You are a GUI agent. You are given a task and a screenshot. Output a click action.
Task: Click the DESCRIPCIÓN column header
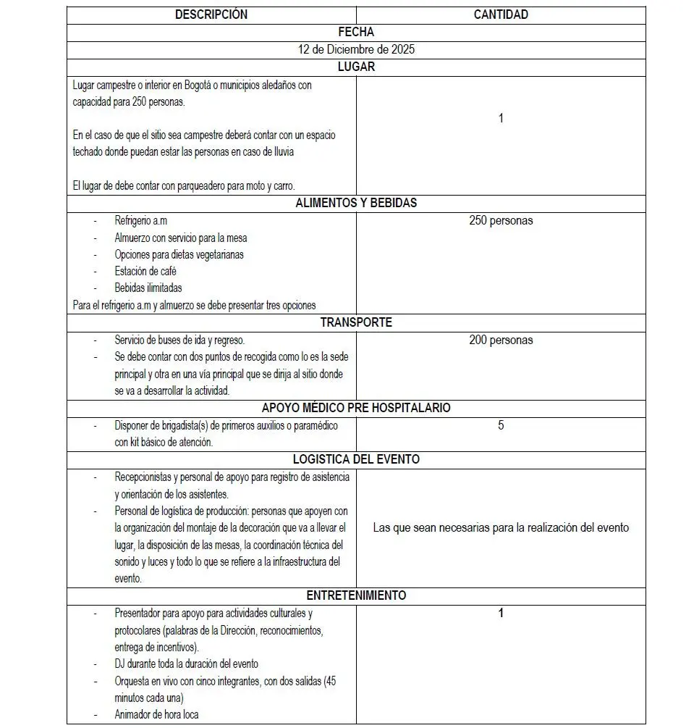(x=211, y=14)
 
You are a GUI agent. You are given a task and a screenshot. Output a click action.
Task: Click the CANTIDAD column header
(x=501, y=14)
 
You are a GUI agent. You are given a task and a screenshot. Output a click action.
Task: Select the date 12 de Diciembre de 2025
(x=356, y=49)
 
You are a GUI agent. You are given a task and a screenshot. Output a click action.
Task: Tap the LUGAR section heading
(x=356, y=67)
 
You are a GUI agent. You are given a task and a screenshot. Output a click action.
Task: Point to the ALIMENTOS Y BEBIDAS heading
(x=356, y=203)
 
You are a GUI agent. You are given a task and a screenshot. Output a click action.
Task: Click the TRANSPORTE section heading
(x=356, y=322)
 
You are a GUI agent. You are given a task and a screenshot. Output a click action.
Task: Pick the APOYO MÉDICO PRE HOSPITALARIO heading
(x=356, y=408)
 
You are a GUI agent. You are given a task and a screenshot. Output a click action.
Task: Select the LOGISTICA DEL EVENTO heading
(x=356, y=459)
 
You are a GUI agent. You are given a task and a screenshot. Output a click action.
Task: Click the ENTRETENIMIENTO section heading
(x=356, y=595)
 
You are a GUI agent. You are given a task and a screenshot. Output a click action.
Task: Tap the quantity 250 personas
(x=501, y=221)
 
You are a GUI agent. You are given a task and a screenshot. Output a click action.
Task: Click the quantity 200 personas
(x=501, y=340)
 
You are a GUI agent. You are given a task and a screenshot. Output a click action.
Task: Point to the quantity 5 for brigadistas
(x=501, y=425)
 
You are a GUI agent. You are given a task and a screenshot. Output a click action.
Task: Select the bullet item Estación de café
(x=145, y=271)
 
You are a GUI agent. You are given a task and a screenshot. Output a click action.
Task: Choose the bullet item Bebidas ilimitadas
(x=148, y=288)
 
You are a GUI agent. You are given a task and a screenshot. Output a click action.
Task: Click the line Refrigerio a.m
(x=141, y=220)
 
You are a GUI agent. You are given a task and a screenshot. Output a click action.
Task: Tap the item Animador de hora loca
(x=157, y=714)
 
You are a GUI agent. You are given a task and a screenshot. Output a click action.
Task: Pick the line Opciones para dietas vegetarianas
(x=179, y=254)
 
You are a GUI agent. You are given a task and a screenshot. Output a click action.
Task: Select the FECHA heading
(x=356, y=32)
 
